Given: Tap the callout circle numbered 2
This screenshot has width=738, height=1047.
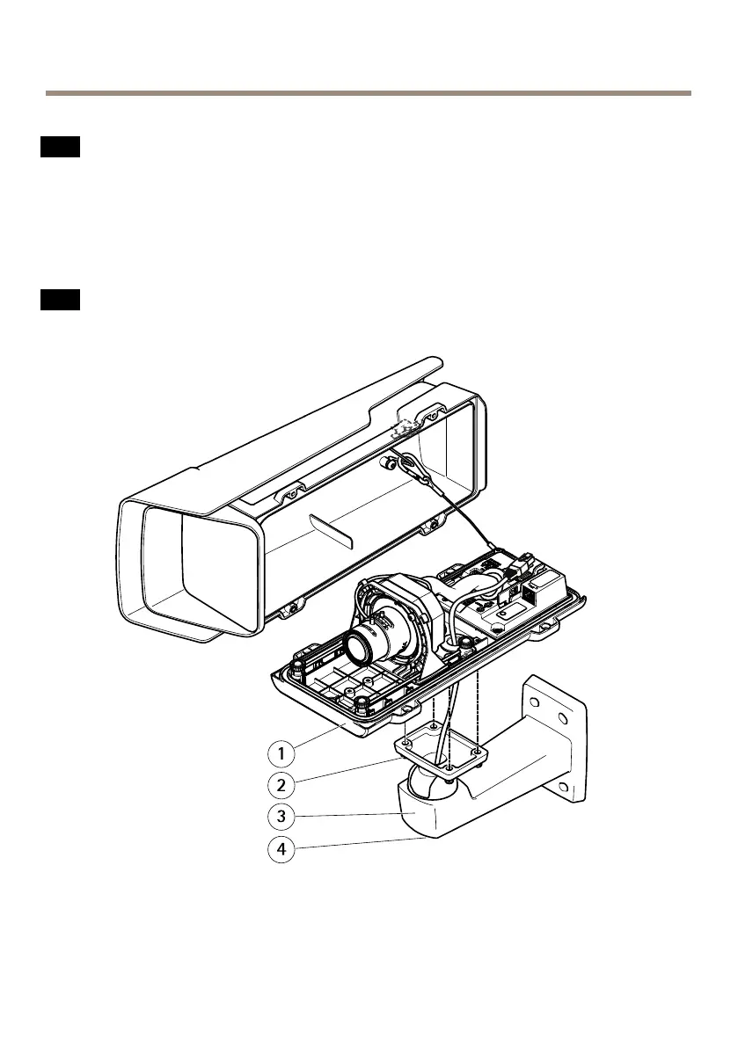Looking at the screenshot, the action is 280,784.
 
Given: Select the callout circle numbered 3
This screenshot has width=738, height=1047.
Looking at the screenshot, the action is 280,816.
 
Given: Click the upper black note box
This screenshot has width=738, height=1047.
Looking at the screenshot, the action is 60,147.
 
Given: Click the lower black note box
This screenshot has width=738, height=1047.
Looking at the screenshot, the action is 60,300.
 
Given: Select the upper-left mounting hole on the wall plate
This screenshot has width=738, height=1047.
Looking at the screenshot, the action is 534,699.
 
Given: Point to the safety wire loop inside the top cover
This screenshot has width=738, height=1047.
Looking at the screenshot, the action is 413,469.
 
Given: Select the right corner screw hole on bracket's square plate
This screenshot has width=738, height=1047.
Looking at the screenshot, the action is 475,753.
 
